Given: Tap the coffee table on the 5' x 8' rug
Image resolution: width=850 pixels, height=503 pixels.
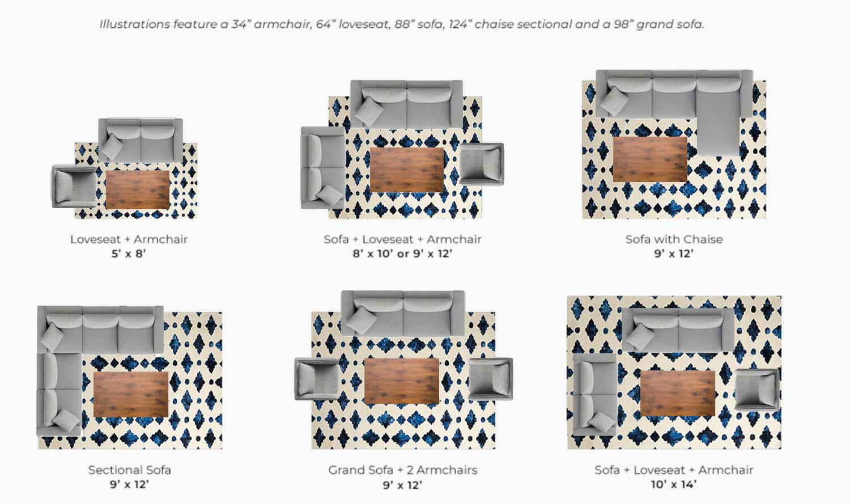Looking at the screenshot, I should [138, 189].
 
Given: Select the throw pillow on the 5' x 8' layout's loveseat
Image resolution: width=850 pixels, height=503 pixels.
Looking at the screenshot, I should [111, 146].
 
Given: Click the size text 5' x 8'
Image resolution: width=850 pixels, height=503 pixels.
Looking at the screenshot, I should [129, 253].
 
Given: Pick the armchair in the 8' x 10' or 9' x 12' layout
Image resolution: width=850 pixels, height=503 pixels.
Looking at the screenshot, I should [481, 164].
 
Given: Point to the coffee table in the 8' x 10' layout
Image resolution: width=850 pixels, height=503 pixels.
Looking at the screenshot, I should [406, 170].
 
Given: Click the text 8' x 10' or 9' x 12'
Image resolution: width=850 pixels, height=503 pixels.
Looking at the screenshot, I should [402, 253].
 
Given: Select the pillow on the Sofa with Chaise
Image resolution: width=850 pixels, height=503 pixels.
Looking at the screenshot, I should [614, 101].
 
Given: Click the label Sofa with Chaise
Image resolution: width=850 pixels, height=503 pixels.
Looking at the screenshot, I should [674, 239].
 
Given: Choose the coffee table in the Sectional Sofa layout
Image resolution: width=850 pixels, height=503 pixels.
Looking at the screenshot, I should [131, 394].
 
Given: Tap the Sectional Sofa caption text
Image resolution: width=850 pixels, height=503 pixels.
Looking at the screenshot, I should [129, 470].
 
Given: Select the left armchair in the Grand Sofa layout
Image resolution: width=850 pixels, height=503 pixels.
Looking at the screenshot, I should [317, 379].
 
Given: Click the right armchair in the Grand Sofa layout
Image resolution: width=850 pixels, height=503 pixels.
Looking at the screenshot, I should [491, 379].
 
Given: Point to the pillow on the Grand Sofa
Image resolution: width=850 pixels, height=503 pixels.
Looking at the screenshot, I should [362, 319].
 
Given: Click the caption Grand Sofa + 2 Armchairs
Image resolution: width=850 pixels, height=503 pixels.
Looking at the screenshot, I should [402, 470].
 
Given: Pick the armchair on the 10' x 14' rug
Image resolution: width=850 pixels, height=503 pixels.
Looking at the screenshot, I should [756, 389].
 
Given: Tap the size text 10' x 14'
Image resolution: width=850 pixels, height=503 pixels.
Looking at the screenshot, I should [673, 484].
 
